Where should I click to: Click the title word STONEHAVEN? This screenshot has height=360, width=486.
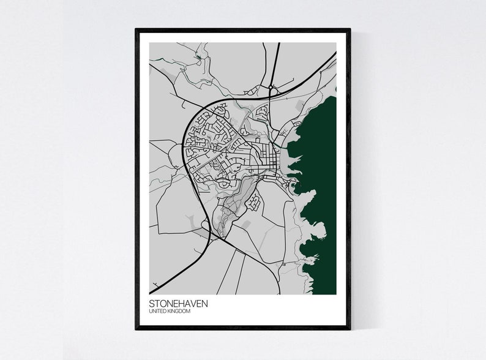tap(178, 304)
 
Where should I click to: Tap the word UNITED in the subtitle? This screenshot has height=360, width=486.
tap(157, 312)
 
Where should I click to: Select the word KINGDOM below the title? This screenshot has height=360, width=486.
tap(179, 312)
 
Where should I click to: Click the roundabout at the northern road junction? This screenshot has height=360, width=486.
tap(271, 89)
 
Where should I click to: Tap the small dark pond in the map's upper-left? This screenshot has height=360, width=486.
tap(198, 59)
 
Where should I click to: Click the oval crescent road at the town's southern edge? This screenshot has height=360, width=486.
tap(225, 182)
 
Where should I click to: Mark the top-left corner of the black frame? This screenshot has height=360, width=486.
tap(136, 29)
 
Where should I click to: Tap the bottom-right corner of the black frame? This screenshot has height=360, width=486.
tap(350, 329)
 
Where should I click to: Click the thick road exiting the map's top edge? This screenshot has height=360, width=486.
tap(277, 44)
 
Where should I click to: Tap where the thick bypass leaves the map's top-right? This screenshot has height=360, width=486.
tap(335, 54)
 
